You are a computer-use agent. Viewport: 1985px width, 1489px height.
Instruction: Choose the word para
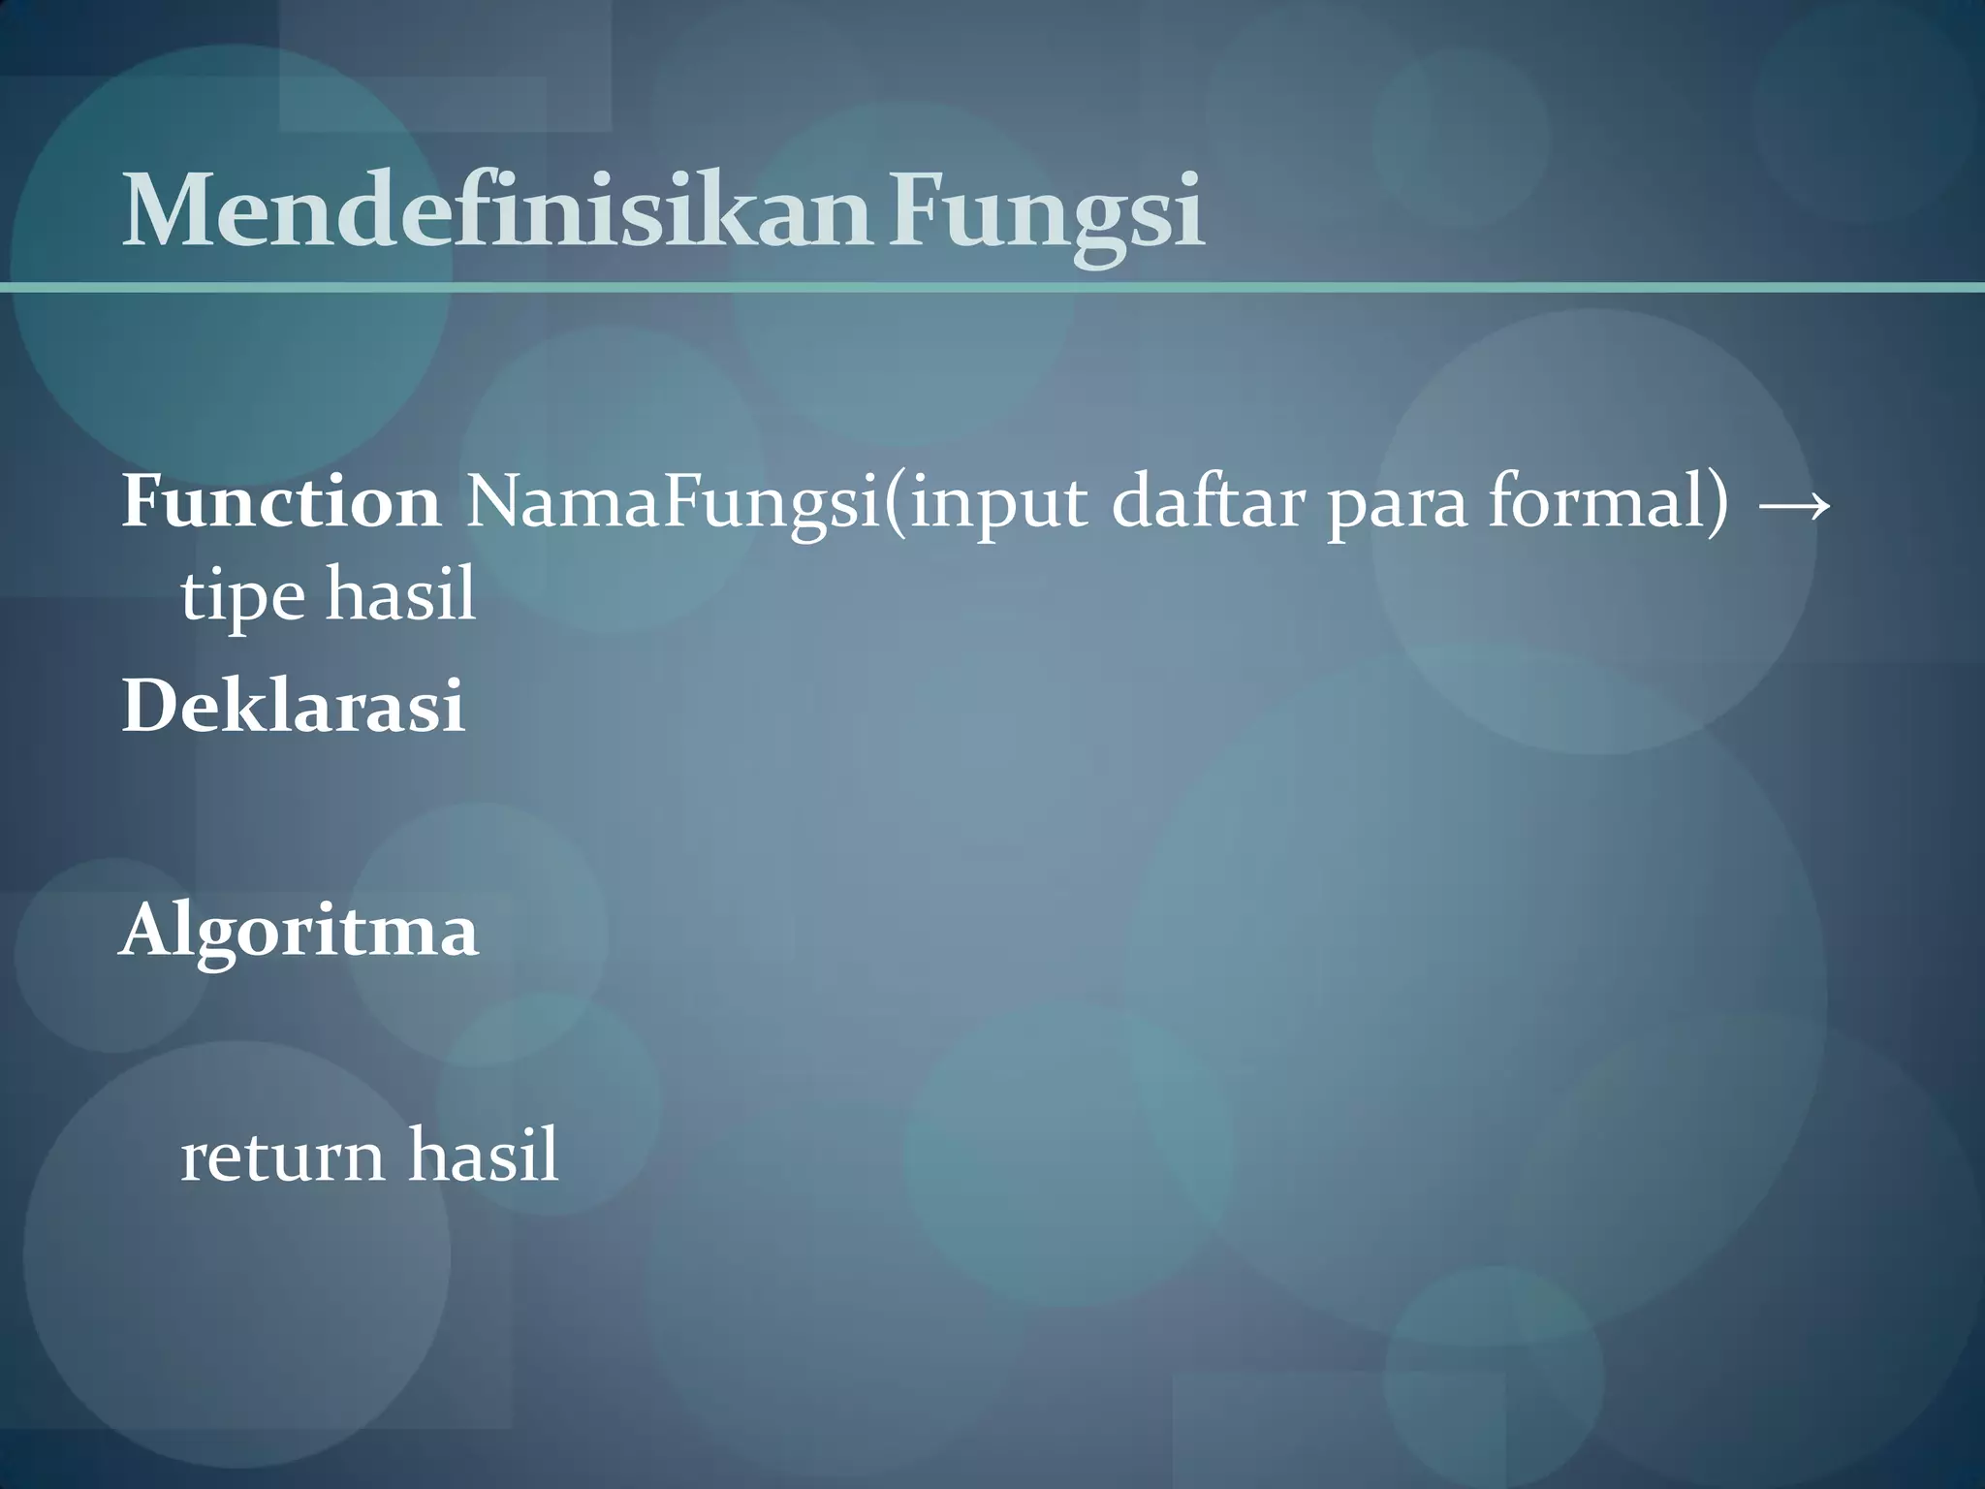[1397, 508]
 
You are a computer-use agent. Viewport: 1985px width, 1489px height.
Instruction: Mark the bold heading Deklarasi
[293, 707]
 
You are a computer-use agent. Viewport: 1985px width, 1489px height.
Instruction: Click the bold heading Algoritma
[299, 932]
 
